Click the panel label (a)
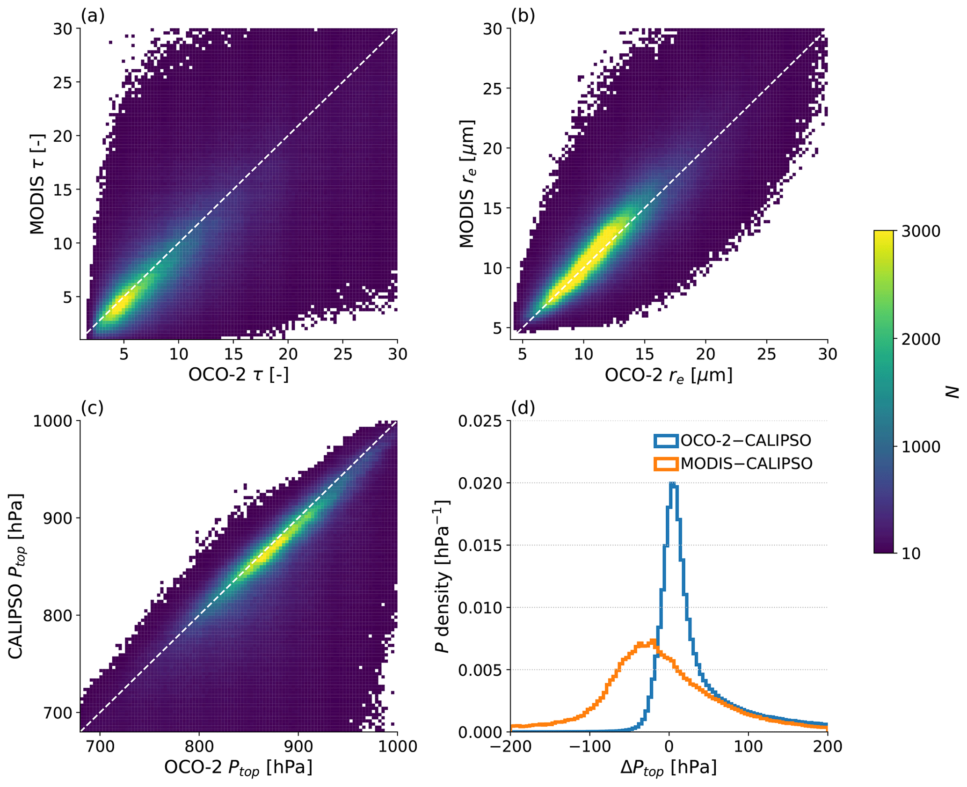pyautogui.click(x=93, y=16)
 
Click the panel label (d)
pyautogui.click(x=523, y=408)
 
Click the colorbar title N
pyautogui.click(x=952, y=392)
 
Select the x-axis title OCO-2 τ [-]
pyautogui.click(x=239, y=375)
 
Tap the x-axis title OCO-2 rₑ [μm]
pyautogui.click(x=669, y=375)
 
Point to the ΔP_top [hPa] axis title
pyautogui.click(x=669, y=768)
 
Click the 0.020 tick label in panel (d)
pyautogui.click(x=479, y=483)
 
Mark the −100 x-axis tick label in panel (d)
pyautogui.click(x=589, y=746)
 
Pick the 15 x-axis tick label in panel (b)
pyautogui.click(x=645, y=354)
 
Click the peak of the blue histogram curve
pyautogui.click(x=673, y=483)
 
